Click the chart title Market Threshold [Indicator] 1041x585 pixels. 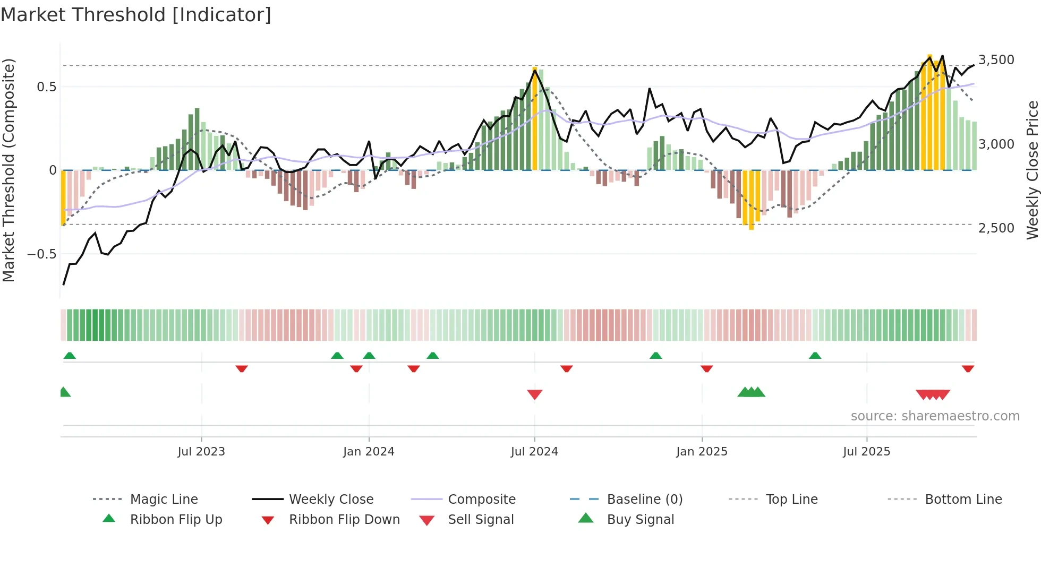click(136, 15)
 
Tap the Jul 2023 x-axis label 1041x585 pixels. click(201, 452)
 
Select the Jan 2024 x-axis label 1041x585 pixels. click(369, 452)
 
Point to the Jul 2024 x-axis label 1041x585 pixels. click(534, 452)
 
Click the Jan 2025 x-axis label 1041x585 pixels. click(702, 452)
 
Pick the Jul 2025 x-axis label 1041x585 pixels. click(866, 452)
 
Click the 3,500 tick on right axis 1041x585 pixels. click(996, 60)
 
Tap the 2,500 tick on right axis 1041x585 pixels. click(996, 228)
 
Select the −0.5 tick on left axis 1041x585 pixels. click(42, 254)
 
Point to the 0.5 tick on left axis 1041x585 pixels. click(46, 87)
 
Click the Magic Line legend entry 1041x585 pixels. click(164, 500)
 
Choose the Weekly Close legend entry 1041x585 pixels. click(331, 500)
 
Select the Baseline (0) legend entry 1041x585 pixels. click(644, 500)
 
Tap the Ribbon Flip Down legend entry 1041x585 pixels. click(344, 520)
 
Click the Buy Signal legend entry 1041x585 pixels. click(640, 520)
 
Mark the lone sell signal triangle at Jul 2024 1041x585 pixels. click(535, 394)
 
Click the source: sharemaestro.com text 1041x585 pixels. click(935, 416)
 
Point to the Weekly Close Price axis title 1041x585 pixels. click(1032, 170)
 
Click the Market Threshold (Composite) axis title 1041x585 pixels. click(8, 170)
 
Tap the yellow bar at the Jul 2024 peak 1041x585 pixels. click(535, 119)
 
